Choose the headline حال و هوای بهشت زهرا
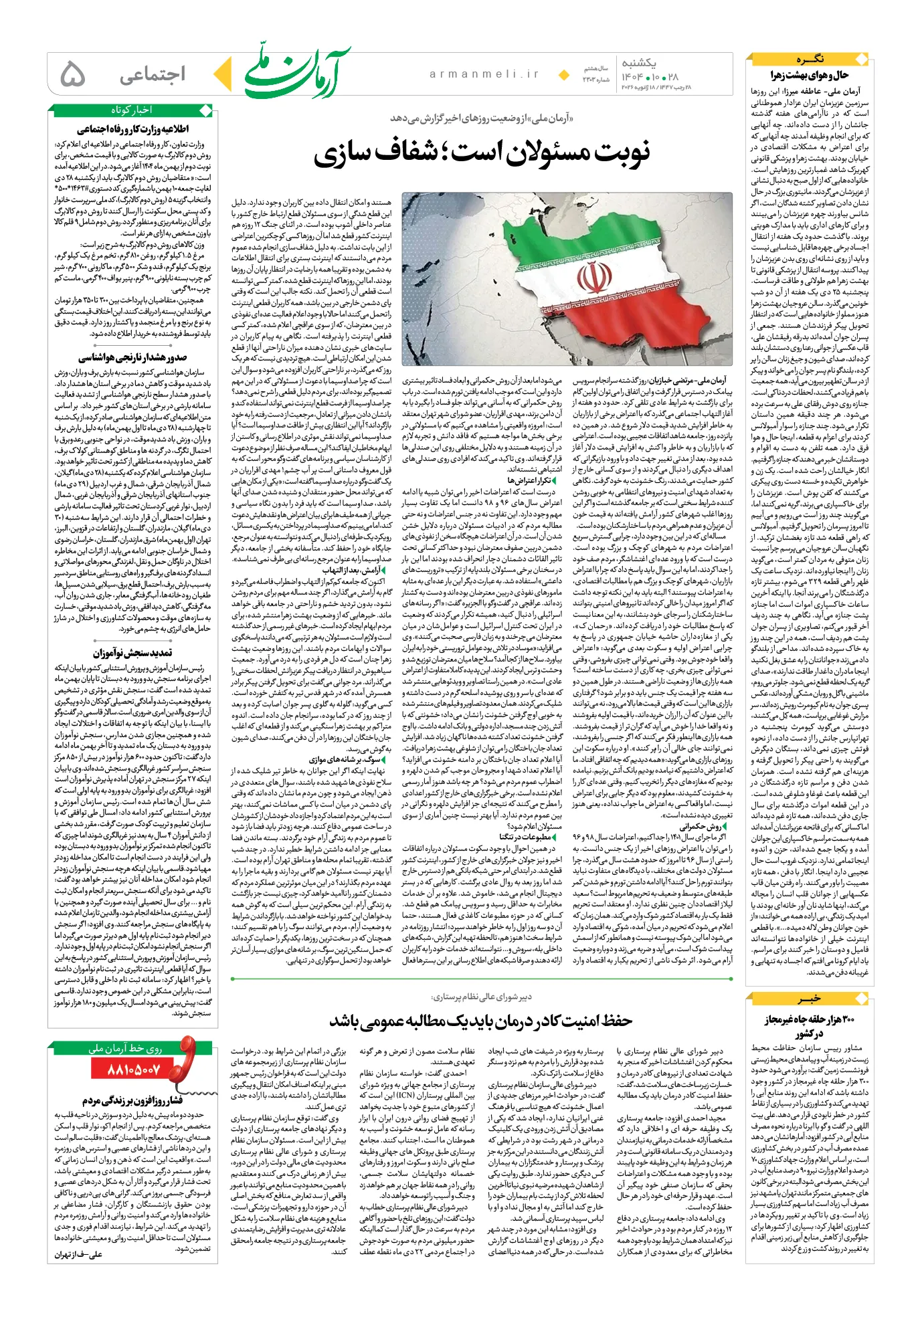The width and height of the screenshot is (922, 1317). pos(809,75)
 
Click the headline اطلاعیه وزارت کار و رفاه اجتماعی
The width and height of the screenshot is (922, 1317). pos(132,129)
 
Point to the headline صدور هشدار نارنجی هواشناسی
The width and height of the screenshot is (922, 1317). pos(132,358)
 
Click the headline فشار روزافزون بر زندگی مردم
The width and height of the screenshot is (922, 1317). pos(132,1100)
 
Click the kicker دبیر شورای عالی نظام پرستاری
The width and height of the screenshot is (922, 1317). pos(482,997)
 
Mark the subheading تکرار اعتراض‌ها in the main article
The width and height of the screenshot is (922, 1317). pos(529,480)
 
